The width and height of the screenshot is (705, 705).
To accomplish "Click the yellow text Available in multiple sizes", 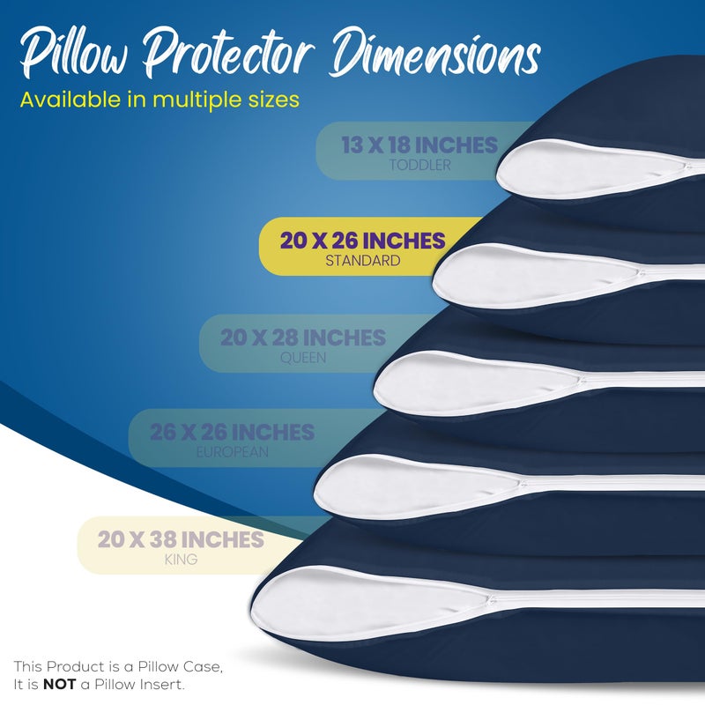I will [160, 99].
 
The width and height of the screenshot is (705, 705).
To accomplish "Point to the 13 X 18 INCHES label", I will [419, 145].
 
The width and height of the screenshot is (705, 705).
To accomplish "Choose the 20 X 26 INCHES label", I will [362, 240].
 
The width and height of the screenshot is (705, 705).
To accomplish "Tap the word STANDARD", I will [362, 261].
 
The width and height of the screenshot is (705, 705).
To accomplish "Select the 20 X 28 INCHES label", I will [303, 338].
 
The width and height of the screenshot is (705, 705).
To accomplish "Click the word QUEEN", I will [303, 358].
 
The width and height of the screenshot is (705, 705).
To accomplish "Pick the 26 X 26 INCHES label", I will [232, 432].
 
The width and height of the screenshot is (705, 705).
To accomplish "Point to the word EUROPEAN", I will [233, 452].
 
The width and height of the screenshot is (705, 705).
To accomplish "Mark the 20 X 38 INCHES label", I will [181, 539].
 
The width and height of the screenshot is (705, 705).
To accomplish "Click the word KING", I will [180, 560].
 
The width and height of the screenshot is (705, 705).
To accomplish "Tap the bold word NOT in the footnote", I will [58, 684].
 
